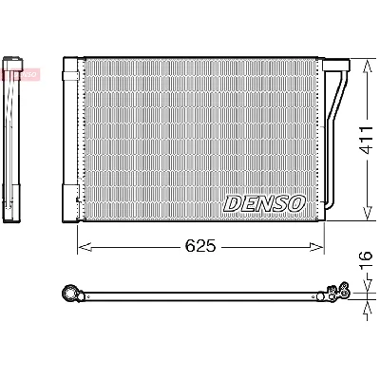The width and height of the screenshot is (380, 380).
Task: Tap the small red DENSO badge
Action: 20,72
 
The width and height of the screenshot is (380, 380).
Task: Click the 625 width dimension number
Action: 199,246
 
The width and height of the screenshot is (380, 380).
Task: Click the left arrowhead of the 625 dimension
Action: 80,247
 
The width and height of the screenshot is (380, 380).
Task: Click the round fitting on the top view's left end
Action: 67,293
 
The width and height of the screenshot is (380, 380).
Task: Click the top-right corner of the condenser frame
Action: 323,59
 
